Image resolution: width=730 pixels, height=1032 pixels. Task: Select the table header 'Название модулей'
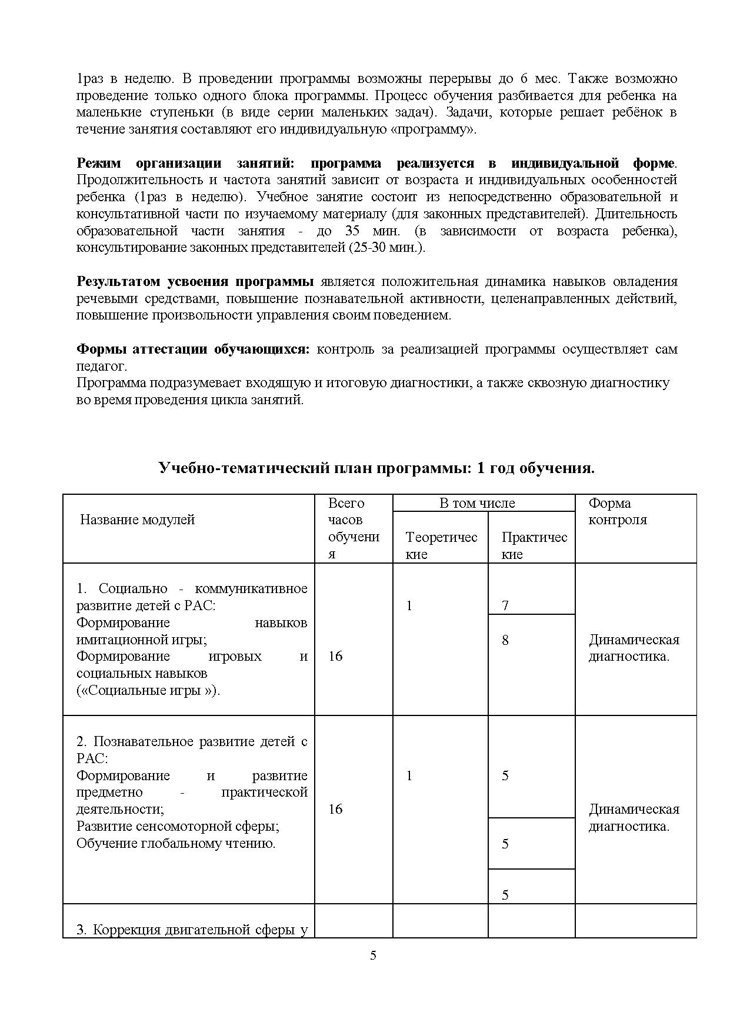click(x=137, y=520)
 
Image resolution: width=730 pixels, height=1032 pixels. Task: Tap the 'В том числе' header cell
click(x=477, y=503)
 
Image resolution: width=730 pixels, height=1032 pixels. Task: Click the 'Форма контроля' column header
click(x=618, y=511)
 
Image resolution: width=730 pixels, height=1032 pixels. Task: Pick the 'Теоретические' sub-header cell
click(x=441, y=545)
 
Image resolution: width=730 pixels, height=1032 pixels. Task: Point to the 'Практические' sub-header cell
click(x=534, y=545)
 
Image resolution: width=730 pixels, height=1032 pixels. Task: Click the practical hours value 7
click(x=505, y=605)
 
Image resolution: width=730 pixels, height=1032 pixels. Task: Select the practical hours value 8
click(x=505, y=640)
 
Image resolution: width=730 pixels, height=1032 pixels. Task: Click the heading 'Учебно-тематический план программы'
click(x=376, y=468)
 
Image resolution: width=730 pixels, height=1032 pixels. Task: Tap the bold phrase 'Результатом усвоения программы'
click(x=195, y=281)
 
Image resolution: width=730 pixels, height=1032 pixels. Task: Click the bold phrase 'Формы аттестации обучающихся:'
click(x=193, y=349)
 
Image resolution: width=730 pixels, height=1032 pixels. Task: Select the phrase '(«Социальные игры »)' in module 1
click(x=148, y=690)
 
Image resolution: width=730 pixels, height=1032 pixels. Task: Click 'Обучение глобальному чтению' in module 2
click(x=176, y=843)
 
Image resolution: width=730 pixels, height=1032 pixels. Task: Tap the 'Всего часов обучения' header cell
click(x=354, y=528)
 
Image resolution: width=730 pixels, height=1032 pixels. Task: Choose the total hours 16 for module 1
click(x=335, y=656)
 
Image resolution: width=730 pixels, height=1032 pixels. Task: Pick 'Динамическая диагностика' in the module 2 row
click(x=634, y=817)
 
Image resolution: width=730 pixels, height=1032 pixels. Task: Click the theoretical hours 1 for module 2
click(x=409, y=775)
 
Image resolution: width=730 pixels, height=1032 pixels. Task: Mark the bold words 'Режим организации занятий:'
click(x=185, y=163)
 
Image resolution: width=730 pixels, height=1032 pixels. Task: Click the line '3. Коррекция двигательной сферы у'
click(x=192, y=930)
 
